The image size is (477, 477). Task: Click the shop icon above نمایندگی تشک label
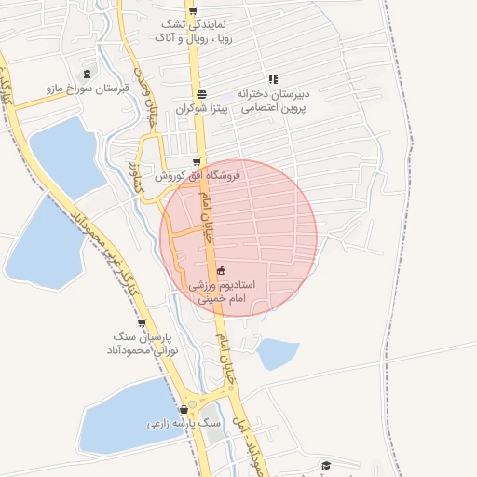[193, 11]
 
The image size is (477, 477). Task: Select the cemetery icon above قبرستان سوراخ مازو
[88, 74]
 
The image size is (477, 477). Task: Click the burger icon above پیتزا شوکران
[202, 93]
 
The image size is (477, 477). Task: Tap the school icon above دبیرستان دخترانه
[273, 79]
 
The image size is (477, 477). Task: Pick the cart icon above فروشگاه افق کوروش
[195, 160]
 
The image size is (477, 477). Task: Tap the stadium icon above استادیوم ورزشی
[221, 270]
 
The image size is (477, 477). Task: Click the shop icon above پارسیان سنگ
[141, 322]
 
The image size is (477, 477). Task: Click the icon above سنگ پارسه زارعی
[186, 408]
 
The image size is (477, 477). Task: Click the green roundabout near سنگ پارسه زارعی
[211, 410]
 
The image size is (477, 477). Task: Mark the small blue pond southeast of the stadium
[278, 353]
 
